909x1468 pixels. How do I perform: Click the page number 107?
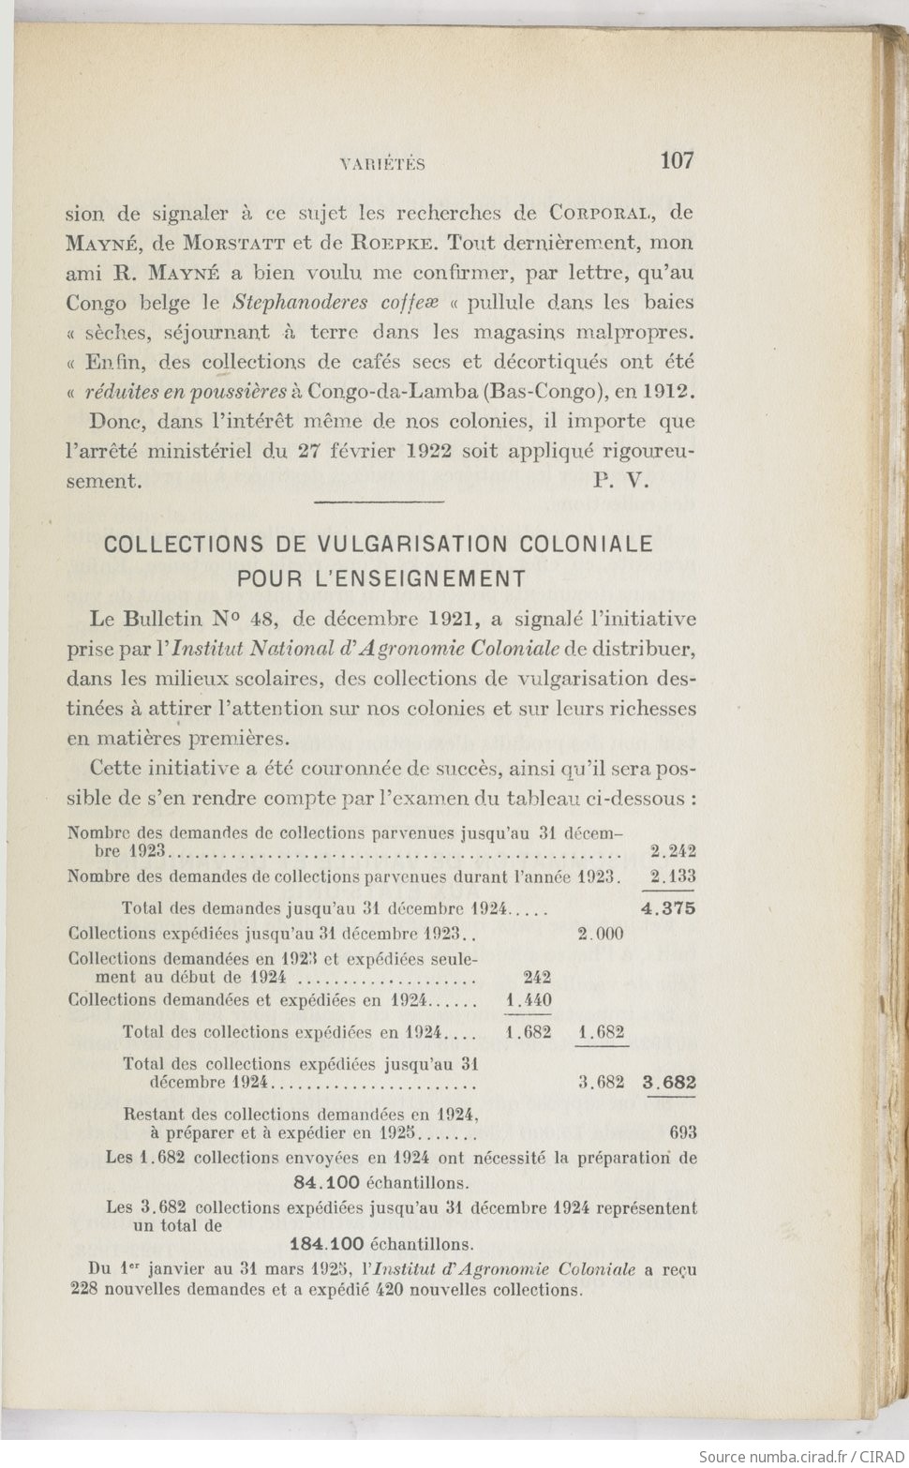click(677, 160)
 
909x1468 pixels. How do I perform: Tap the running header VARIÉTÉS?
click(381, 165)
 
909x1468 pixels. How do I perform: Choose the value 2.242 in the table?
click(672, 852)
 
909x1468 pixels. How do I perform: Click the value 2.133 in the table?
click(672, 877)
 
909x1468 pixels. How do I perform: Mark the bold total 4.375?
click(668, 907)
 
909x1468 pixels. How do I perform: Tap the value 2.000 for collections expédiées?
click(601, 934)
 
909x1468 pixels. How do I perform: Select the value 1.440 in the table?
click(529, 1000)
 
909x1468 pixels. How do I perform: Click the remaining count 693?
click(683, 1133)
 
